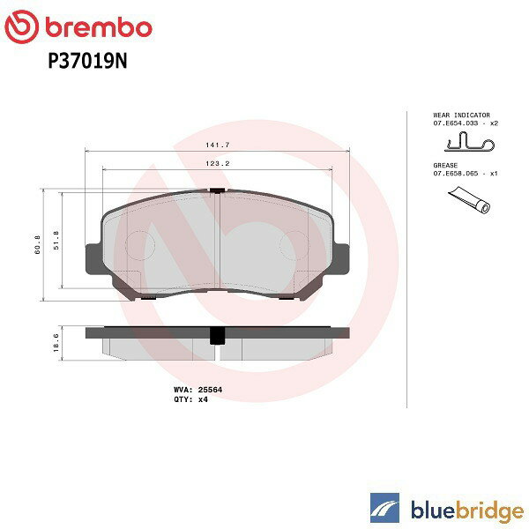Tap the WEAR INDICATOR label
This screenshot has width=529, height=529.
pos(460,115)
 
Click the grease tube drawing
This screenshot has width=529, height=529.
pos(467,205)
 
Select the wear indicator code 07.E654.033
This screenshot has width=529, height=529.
pos(457,123)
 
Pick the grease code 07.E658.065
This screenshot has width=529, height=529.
pos(457,174)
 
